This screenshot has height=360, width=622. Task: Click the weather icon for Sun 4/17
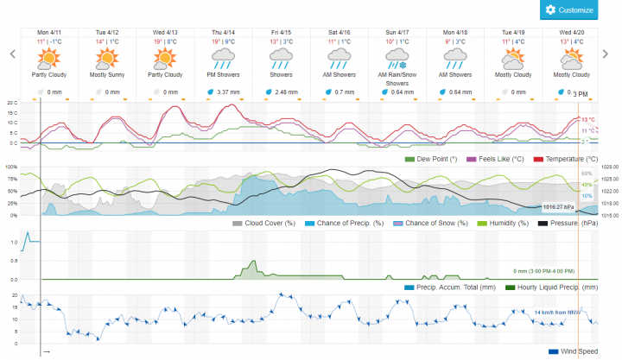click(x=397, y=59)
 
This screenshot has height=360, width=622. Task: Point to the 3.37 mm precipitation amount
click(x=227, y=92)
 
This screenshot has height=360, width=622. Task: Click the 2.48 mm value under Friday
click(x=286, y=92)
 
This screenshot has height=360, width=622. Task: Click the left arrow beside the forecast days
click(x=12, y=54)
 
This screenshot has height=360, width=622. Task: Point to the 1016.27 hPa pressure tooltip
click(x=558, y=207)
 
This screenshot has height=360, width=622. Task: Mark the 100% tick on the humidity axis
click(x=11, y=167)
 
